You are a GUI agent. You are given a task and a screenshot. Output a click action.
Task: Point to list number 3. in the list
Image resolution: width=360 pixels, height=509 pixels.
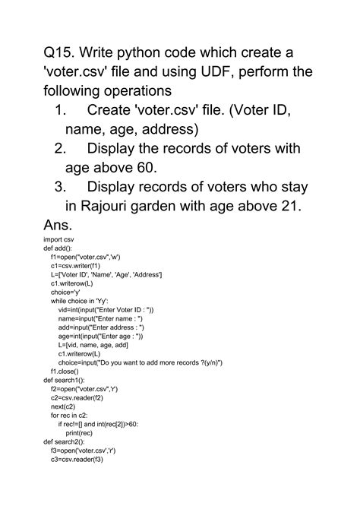(62, 188)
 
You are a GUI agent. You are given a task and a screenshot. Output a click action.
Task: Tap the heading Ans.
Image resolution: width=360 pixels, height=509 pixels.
(58, 226)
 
